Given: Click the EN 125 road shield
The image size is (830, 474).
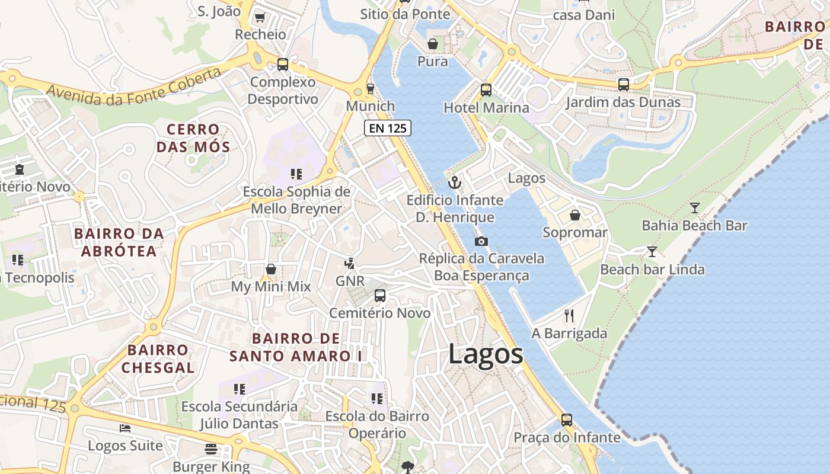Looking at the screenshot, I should point(387,128).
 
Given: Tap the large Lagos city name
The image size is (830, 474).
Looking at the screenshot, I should point(486,354).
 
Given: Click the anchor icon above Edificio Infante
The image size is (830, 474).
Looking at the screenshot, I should point(455,182).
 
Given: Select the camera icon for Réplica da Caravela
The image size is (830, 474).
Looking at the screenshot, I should point(481,241).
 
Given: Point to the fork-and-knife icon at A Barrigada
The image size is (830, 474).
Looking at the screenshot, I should point(569,315).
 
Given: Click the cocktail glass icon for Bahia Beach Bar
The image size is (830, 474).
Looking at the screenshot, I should point(695,207).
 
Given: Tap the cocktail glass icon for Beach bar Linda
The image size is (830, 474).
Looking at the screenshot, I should point(652,251).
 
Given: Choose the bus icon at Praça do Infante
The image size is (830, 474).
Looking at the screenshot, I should point(567,420).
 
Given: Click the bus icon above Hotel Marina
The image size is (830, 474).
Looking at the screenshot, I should point(486,89).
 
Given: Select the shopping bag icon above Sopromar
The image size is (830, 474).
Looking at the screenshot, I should point(574,214).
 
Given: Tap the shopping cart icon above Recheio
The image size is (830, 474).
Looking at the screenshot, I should point(260,17).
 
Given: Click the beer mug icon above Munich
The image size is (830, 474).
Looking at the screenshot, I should point(371,88).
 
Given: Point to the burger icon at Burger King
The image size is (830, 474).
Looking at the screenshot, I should point(211,449).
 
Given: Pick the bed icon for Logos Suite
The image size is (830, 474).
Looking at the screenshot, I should point(125,428).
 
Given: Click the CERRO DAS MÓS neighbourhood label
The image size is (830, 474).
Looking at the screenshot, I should point(193,138).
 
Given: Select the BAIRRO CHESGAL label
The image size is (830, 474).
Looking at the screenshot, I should point(158,358).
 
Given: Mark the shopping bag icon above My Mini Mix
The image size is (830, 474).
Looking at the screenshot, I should point(271,269).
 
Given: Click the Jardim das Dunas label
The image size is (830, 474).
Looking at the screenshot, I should point(623,103).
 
